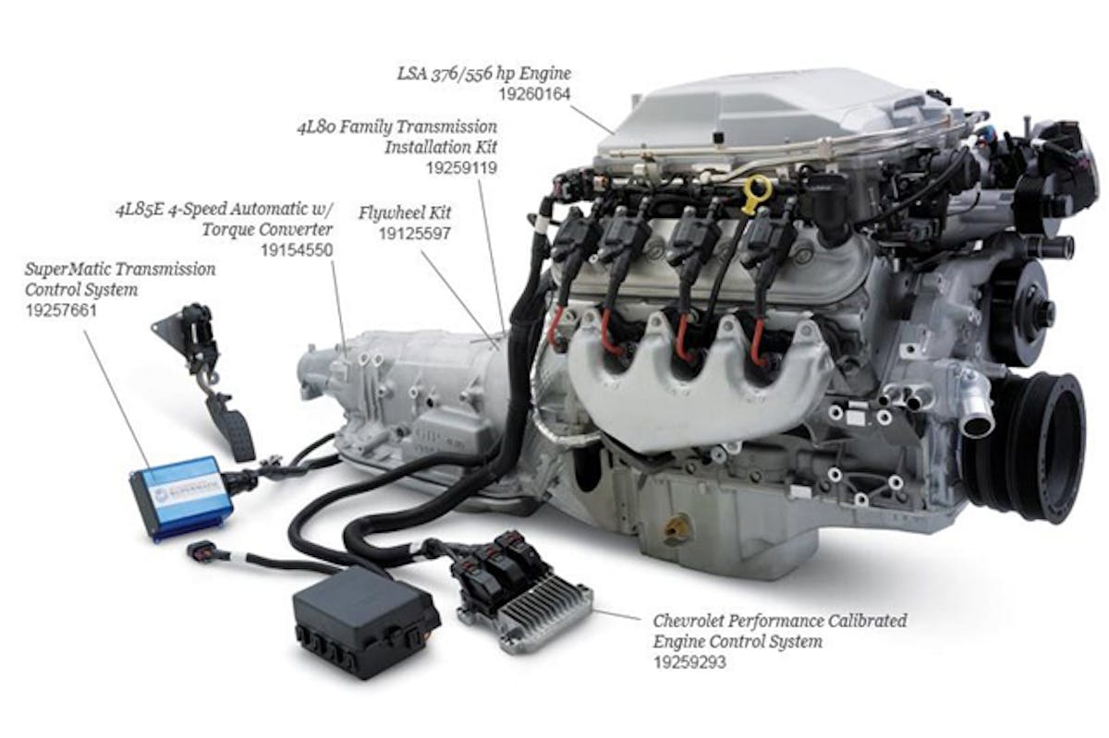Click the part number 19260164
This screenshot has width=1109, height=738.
(534, 94)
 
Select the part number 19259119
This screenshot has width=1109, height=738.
(461, 168)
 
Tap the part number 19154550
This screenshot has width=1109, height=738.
(297, 250)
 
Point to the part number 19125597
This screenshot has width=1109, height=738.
(415, 234)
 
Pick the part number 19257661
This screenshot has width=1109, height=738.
(61, 310)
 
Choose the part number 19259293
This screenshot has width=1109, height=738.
(689, 662)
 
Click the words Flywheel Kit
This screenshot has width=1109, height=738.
(405, 212)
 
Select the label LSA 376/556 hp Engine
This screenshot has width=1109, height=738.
(483, 74)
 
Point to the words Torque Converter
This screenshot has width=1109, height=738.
(267, 230)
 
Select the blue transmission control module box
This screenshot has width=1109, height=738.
(181, 498)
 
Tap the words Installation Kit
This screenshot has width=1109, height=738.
(441, 148)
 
